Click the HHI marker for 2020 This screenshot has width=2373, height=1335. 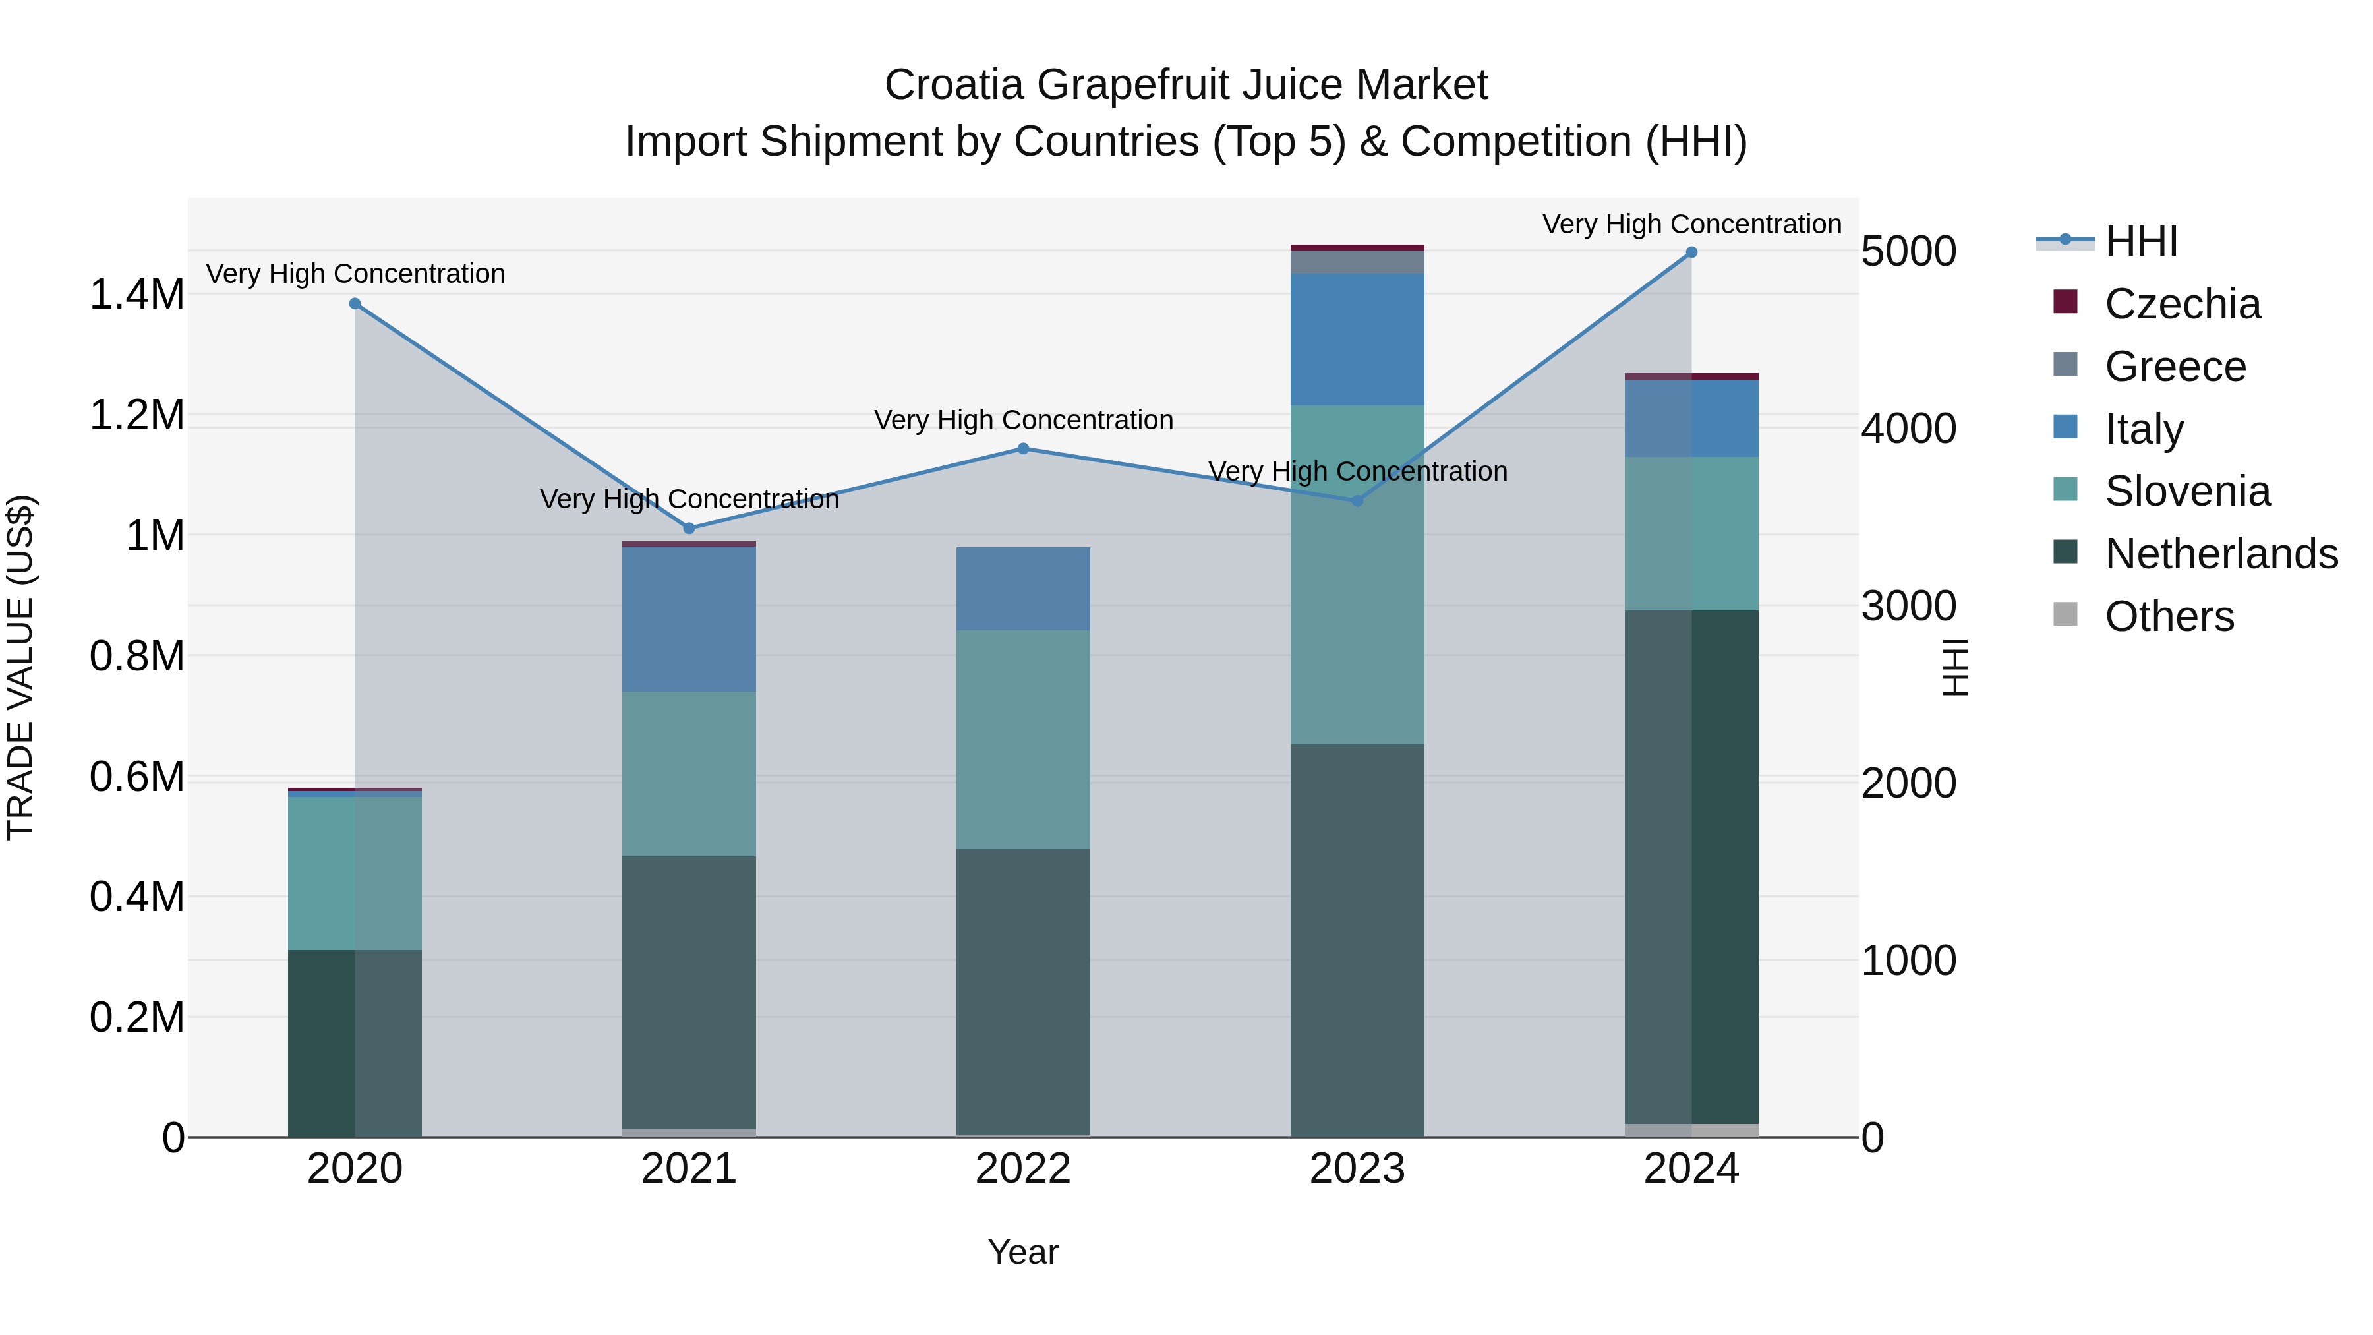pyautogui.click(x=355, y=303)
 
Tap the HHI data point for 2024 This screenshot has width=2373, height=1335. pyautogui.click(x=1691, y=252)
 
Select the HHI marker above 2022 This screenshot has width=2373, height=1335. pyautogui.click(x=1022, y=449)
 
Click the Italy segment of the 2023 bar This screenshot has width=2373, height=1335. pyautogui.click(x=1357, y=338)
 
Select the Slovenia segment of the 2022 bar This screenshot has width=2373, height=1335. pyautogui.click(x=1022, y=739)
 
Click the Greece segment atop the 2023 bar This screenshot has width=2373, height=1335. pyautogui.click(x=1357, y=262)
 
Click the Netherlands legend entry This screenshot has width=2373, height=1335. pyautogui.click(x=2220, y=554)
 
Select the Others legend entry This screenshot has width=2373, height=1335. pyautogui.click(x=2169, y=616)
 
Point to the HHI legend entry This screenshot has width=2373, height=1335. pyautogui.click(x=2141, y=241)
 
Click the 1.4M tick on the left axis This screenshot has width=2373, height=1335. pyautogui.click(x=136, y=295)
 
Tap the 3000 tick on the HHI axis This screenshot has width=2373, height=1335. pyautogui.click(x=1908, y=607)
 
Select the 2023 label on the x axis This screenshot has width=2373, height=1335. pyautogui.click(x=1357, y=1169)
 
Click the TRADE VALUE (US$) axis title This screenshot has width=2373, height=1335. pyautogui.click(x=20, y=667)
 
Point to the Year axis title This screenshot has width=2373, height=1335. pyautogui.click(x=1022, y=1252)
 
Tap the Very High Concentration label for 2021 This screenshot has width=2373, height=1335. pyautogui.click(x=689, y=499)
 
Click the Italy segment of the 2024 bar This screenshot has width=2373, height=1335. pyautogui.click(x=1691, y=418)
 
